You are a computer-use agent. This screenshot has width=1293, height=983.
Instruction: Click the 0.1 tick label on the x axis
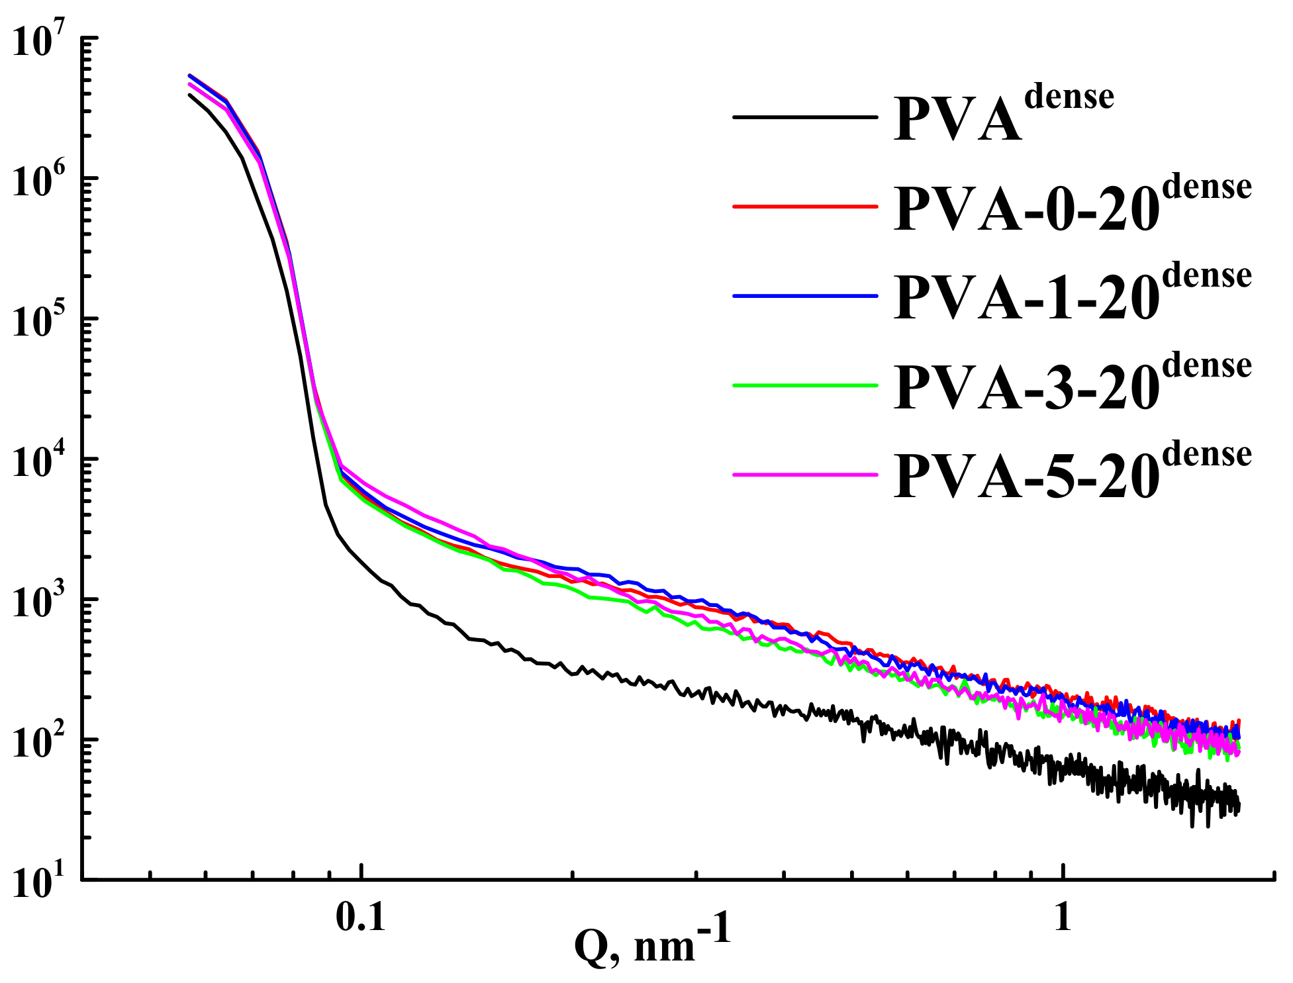coord(361,917)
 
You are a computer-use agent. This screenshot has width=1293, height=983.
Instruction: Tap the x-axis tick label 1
coord(1062,917)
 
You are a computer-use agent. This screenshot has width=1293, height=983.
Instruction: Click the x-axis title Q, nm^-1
coord(652,943)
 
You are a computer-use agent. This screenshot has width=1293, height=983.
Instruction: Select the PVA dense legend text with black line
coord(1003,116)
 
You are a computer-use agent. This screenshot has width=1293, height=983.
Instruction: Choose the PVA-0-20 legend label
coord(1073,205)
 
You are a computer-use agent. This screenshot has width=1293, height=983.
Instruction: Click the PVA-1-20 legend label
coord(1073,295)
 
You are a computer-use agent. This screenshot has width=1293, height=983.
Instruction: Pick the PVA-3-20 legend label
coord(1073,385)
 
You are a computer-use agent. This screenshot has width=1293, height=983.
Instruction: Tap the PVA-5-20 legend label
coord(1073,474)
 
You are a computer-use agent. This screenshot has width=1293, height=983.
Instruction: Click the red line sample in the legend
coord(804,207)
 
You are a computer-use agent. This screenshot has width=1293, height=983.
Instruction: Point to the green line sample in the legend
coord(804,385)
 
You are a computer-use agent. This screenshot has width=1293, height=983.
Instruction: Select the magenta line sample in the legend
coord(804,475)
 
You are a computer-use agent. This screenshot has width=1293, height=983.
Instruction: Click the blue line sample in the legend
coord(804,296)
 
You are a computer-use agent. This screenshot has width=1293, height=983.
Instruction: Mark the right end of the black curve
coord(1238,806)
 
